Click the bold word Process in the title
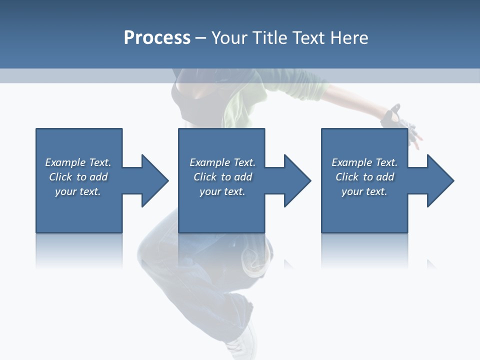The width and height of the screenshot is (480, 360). coord(157,38)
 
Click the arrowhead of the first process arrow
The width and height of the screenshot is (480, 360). coord(155,180)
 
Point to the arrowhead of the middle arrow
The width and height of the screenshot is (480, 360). coord(297,180)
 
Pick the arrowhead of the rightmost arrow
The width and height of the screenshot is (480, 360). coord(440,180)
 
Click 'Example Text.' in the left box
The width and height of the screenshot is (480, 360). coord(78,162)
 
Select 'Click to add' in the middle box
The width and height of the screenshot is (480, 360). coord(222,177)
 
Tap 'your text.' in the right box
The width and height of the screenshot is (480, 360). coord(364,191)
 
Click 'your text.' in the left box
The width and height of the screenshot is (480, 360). coord(78,191)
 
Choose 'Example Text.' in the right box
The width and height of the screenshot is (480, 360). coord(364,162)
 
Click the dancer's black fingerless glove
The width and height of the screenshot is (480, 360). coord(392,117)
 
